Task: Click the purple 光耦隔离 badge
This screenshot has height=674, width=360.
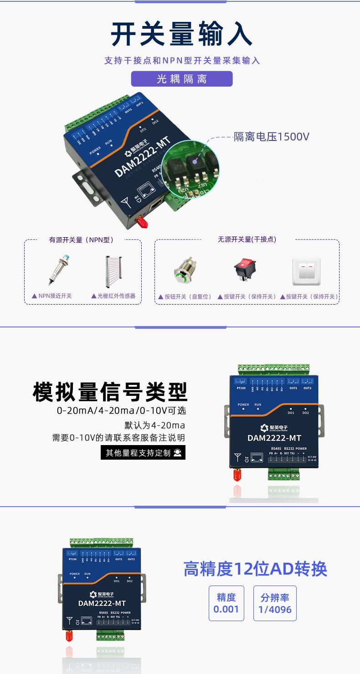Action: tap(182, 79)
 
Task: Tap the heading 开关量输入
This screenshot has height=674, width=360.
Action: tap(182, 35)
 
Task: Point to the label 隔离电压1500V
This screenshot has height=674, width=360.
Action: tap(272, 136)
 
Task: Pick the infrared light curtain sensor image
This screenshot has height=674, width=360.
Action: tap(113, 272)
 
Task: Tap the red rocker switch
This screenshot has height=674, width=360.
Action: tap(245, 269)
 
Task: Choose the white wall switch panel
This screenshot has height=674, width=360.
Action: tap(306, 272)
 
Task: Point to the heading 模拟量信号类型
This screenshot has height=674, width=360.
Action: tap(110, 391)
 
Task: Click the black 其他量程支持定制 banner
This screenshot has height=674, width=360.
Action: tap(143, 453)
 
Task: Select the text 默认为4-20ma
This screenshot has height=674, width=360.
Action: tap(155, 425)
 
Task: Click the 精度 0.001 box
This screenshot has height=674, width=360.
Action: tap(226, 603)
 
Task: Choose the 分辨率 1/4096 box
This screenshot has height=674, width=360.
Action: tap(275, 603)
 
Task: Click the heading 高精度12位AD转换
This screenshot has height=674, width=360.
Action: tap(255, 569)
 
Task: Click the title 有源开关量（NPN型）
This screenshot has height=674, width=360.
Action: tap(81, 240)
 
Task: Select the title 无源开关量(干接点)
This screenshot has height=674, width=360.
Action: tap(247, 239)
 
